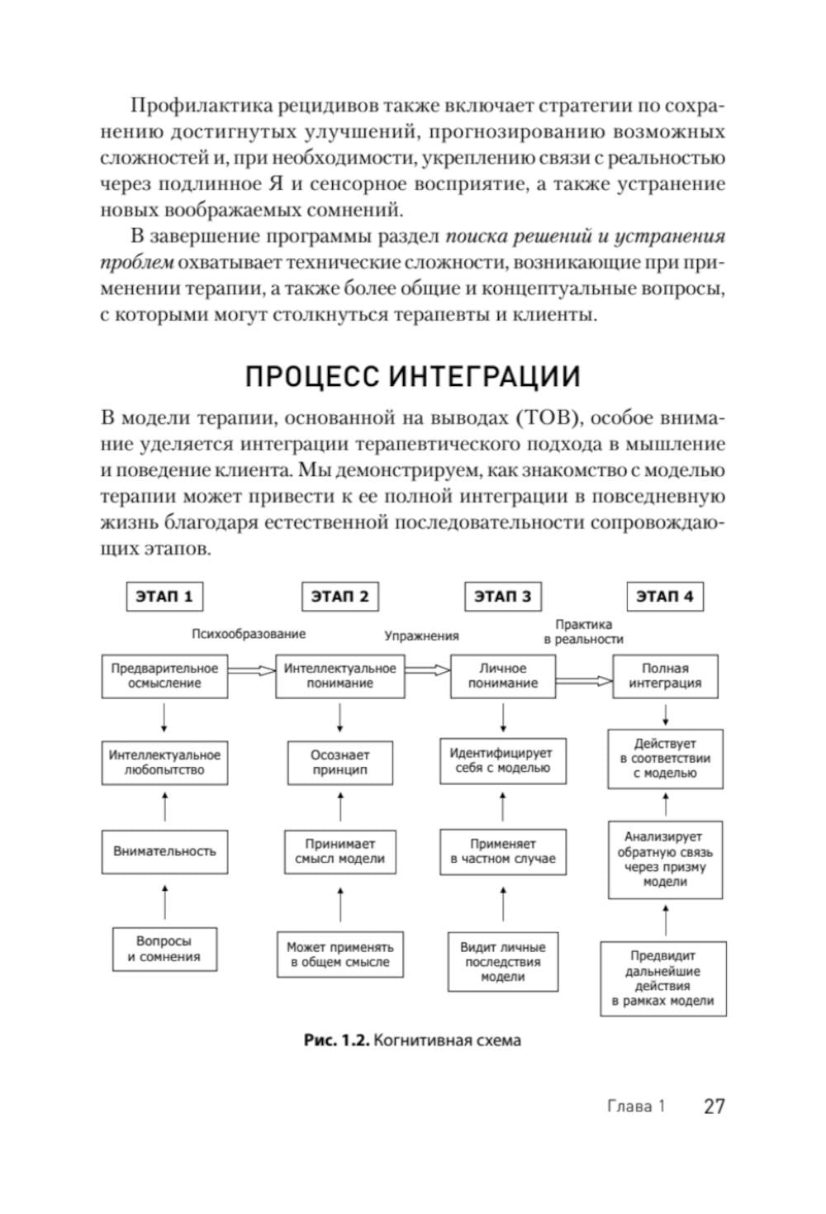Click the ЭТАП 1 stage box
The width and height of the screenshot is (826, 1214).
click(x=164, y=596)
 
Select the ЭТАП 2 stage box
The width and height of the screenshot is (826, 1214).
click(x=339, y=596)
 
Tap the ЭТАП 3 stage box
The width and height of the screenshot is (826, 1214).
click(x=502, y=596)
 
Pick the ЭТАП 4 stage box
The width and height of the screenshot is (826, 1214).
click(x=665, y=596)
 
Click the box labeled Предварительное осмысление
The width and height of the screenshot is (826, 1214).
click(x=164, y=676)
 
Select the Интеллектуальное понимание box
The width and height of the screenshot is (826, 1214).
click(x=339, y=676)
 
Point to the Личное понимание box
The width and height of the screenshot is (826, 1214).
click(x=502, y=676)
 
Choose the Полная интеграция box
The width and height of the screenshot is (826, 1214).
click(x=665, y=676)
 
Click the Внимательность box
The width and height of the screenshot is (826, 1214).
click(x=164, y=851)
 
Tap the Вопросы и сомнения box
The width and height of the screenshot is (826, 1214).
click(x=164, y=949)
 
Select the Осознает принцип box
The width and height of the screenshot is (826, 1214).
click(x=339, y=762)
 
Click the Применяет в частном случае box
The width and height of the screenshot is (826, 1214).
click(x=502, y=851)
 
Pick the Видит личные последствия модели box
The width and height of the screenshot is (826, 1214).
click(x=502, y=962)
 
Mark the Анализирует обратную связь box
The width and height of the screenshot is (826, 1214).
click(x=665, y=859)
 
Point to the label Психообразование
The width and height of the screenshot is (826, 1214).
click(x=249, y=634)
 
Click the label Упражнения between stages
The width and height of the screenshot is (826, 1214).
click(x=421, y=636)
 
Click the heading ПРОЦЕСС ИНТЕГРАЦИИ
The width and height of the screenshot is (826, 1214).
click(x=413, y=377)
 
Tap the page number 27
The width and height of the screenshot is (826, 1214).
click(x=714, y=1107)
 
